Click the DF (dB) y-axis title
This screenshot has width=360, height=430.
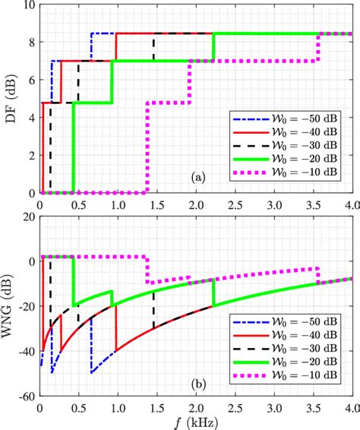click(x=11, y=99)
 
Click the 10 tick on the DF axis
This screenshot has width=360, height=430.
click(x=28, y=6)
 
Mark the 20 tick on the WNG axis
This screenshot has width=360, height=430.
click(x=30, y=217)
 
